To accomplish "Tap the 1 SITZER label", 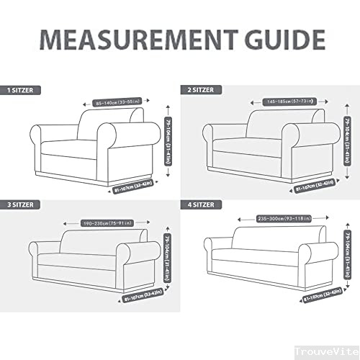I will point(22,91).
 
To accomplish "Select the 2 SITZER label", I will point(198,91).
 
